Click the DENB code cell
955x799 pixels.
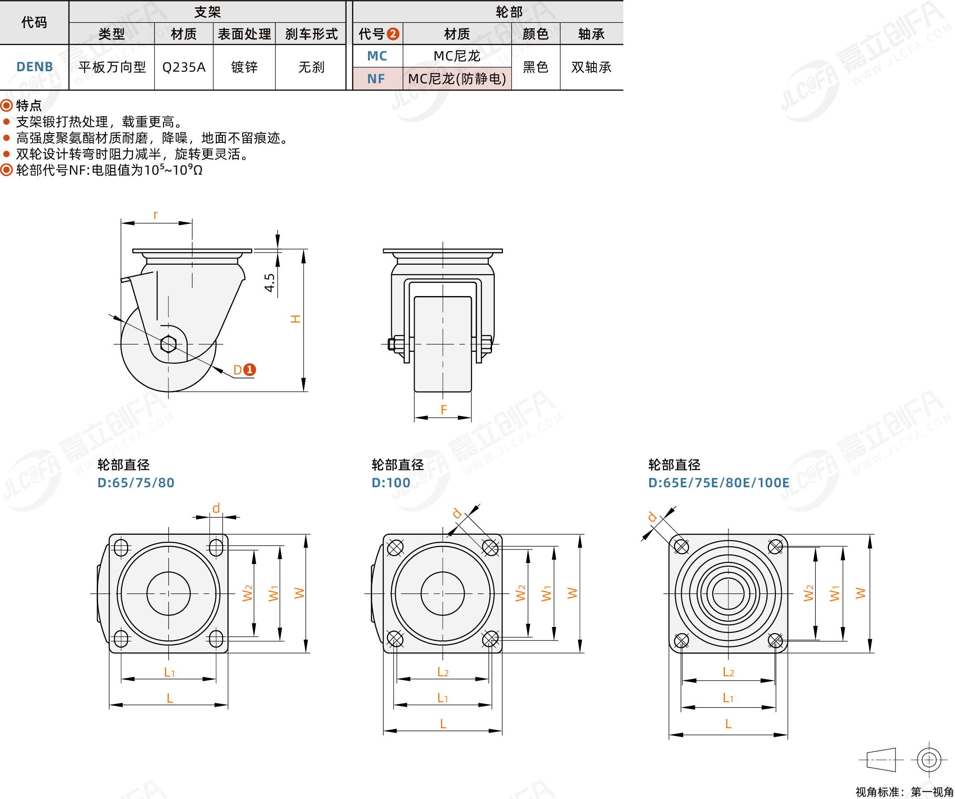point(34,67)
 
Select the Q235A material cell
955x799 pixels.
point(184,67)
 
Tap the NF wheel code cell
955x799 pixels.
point(376,79)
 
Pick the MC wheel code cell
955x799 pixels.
point(377,56)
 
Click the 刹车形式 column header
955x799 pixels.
point(312,34)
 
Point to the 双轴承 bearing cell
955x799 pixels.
point(591,67)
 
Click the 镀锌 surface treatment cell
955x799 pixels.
point(244,67)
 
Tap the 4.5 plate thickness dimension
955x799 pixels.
point(270,283)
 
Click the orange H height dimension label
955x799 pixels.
point(295,319)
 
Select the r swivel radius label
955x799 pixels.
point(155,215)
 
